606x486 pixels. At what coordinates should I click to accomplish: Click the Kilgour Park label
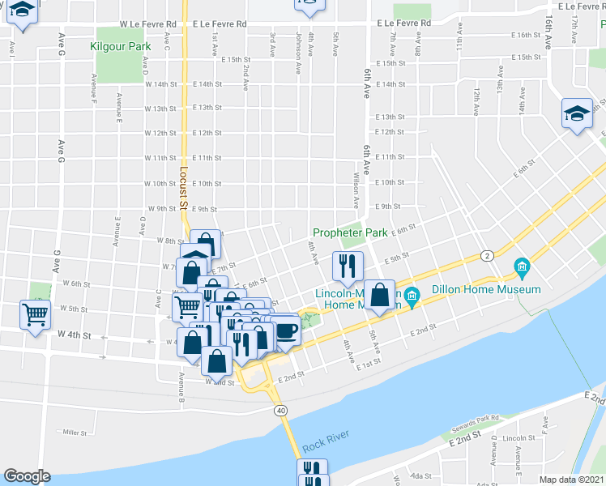(122, 46)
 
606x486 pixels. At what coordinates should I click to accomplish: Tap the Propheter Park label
(351, 232)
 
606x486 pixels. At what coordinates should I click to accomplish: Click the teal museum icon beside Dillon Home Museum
(522, 266)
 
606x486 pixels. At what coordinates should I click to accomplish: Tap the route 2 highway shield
(487, 255)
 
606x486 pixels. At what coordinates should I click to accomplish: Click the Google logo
(27, 476)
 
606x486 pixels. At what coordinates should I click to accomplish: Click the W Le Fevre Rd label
(150, 24)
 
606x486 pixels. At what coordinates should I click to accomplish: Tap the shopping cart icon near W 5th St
(36, 313)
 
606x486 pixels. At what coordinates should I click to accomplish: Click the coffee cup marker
(286, 330)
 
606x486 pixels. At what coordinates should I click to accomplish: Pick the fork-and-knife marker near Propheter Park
(348, 265)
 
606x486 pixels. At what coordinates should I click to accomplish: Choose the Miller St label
(75, 433)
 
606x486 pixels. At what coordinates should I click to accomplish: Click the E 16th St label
(527, 36)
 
